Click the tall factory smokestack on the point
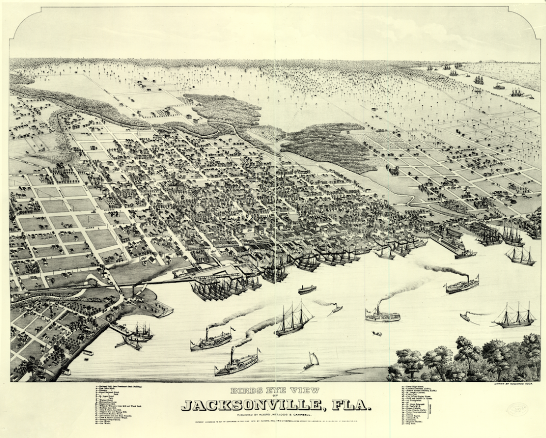133,292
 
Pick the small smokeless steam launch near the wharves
307,289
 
